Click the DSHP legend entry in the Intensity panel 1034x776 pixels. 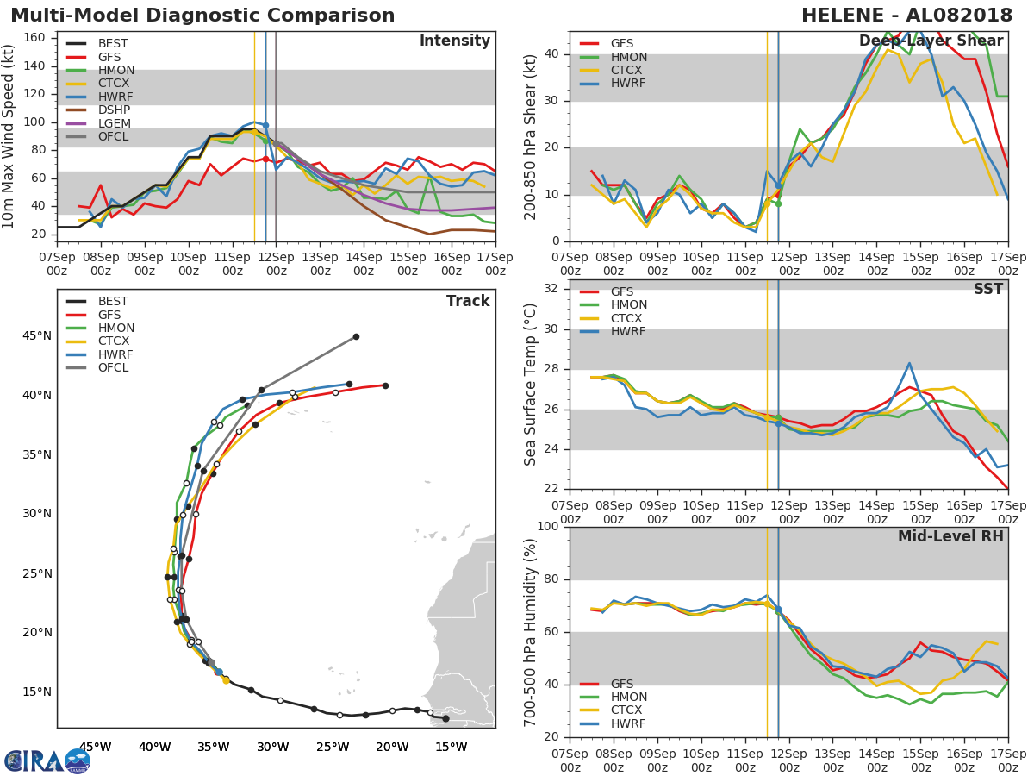tap(98, 110)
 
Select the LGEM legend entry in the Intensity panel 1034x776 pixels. tap(98, 123)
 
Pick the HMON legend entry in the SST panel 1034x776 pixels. tap(614, 305)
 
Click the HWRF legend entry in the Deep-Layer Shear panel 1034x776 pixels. tap(613, 84)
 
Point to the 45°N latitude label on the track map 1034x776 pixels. tap(37, 336)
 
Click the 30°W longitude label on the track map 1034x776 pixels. tap(273, 748)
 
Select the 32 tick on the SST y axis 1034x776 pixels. tap(551, 288)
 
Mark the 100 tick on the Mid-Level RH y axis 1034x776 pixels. tap(547, 526)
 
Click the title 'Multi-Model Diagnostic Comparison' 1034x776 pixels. tap(202, 16)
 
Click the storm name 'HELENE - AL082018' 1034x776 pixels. tap(906, 16)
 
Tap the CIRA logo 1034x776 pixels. tap(47, 761)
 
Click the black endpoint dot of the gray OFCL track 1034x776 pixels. tap(357, 337)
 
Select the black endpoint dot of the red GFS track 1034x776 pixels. tap(386, 386)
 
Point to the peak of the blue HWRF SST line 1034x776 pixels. tap(910, 363)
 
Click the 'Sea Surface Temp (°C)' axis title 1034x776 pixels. tap(530, 385)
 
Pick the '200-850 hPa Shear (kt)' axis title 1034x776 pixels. tap(530, 137)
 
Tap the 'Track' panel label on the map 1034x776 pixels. tap(468, 301)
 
